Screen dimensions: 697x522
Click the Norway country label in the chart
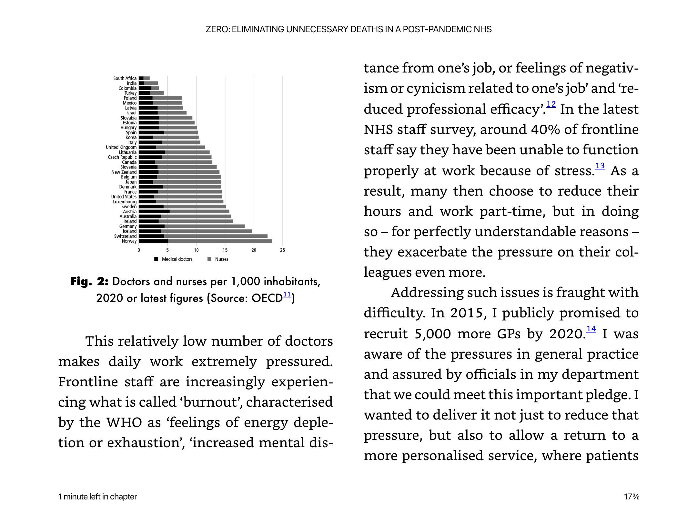[129, 241]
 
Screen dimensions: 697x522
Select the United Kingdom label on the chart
[121, 147]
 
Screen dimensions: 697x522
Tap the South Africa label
[125, 78]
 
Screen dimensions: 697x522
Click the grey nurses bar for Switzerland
[216, 236]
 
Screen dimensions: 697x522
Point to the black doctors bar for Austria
[154, 212]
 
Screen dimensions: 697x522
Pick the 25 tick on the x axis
[283, 250]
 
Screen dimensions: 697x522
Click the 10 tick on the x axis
[196, 250]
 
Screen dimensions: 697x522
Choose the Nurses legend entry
[218, 259]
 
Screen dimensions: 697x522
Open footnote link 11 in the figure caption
[287, 295]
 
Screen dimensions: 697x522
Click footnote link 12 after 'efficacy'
[551, 104]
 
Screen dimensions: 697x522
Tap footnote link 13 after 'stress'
[600, 166]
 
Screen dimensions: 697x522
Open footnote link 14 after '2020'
[591, 329]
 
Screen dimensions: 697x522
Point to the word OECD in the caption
[267, 298]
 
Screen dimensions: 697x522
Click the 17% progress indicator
[631, 497]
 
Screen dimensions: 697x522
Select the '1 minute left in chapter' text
[97, 497]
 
